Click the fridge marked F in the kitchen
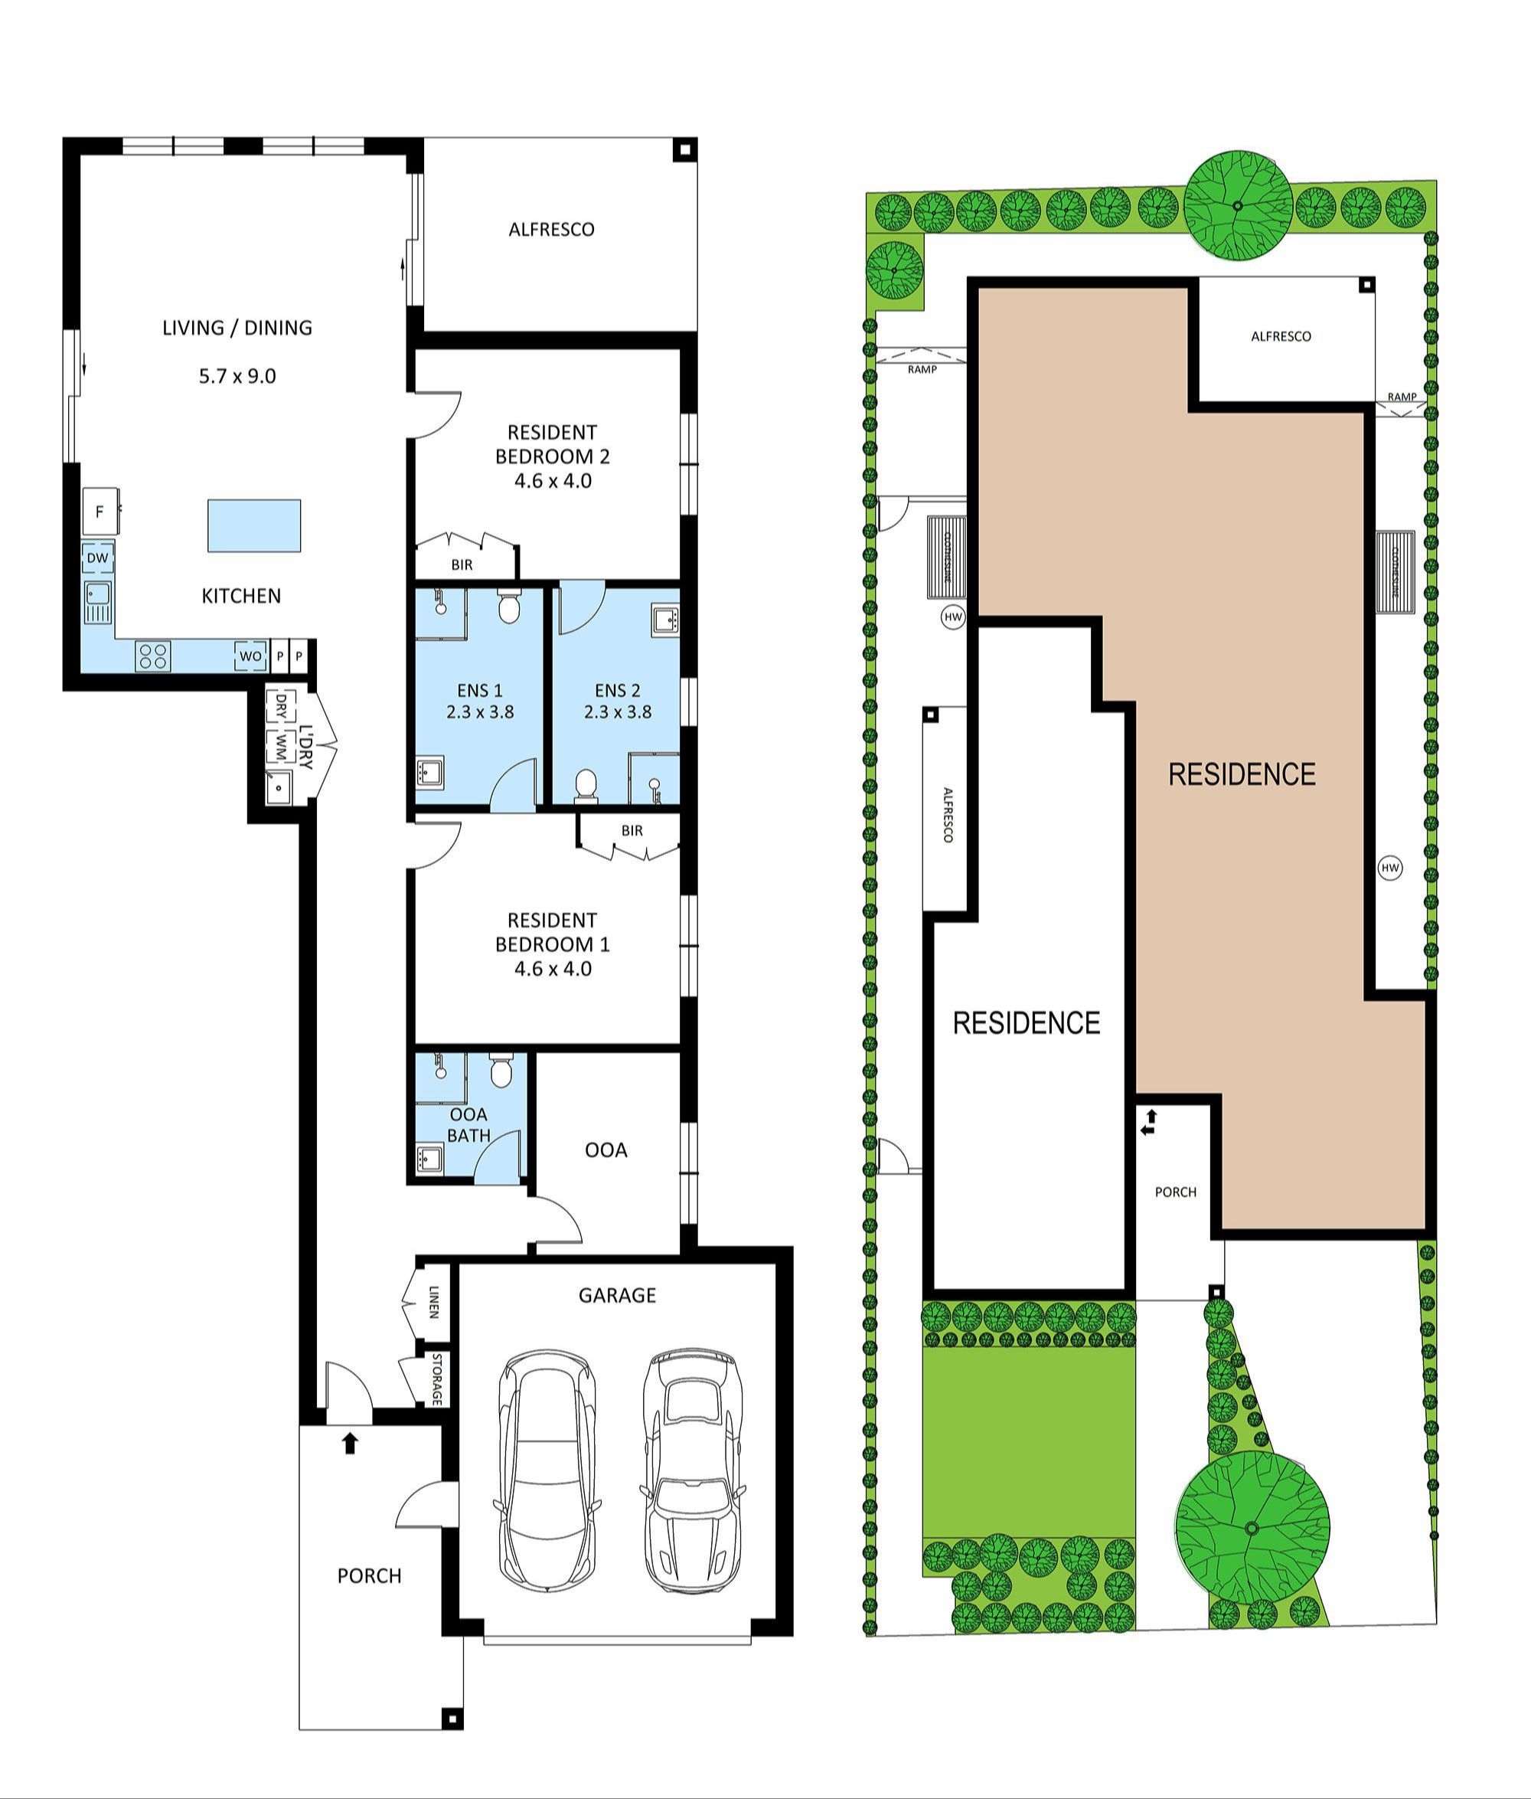coord(99,512)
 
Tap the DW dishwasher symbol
coord(98,558)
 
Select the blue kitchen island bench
coord(254,525)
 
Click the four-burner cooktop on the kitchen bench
coord(153,656)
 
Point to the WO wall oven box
coord(250,656)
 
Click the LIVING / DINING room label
coord(237,327)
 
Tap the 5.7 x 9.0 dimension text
coord(237,376)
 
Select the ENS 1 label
coord(479,690)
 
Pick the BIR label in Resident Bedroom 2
coord(462,565)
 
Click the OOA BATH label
coord(468,1124)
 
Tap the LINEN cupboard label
coord(433,1303)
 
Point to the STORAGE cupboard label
coord(437,1379)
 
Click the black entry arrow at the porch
coord(350,1443)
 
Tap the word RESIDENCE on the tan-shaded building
coord(1241,774)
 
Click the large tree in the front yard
coord(1252,1527)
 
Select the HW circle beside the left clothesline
coord(953,617)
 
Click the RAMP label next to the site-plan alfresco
coord(1401,397)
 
